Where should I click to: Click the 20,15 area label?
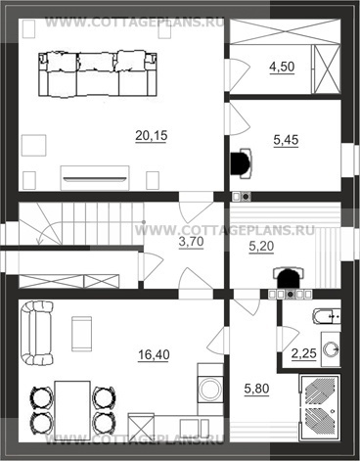152,135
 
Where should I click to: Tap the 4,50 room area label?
282,67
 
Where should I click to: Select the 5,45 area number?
286,140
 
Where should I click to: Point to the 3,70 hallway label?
192,242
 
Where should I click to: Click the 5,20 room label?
261,247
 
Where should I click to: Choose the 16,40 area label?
154,354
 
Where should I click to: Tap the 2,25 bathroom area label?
304,353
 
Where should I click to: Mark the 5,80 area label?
256,389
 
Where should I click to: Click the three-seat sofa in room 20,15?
98,73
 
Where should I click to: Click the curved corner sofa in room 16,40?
36,333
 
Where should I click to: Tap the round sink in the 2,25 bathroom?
332,349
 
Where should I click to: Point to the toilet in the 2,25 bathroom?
327,316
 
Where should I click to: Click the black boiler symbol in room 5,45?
242,163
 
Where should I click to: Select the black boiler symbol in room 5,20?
289,277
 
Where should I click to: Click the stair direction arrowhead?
40,242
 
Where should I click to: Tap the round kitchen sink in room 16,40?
210,390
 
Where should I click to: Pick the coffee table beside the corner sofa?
81,334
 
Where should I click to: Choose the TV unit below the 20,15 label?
95,178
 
